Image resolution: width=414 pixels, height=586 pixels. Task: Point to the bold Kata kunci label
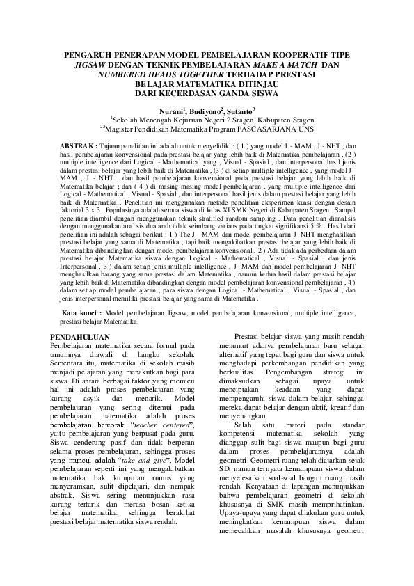[81, 314]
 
